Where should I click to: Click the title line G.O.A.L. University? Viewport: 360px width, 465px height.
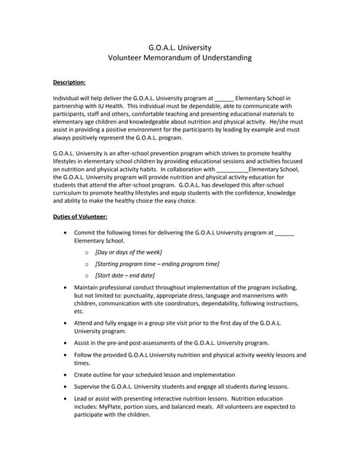point(179,46)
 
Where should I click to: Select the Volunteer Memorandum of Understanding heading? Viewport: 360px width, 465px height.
point(179,57)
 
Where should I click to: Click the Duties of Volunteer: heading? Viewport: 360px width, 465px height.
point(80,217)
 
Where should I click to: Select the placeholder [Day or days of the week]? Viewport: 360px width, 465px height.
point(129,251)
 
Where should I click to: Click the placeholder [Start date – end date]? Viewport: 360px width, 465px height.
point(125,275)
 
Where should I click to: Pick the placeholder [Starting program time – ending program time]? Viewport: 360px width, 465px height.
point(157,264)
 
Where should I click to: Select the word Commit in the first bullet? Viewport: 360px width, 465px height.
point(86,232)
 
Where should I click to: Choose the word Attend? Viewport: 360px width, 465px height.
point(85,322)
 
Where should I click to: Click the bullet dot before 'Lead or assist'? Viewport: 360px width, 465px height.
point(67,399)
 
